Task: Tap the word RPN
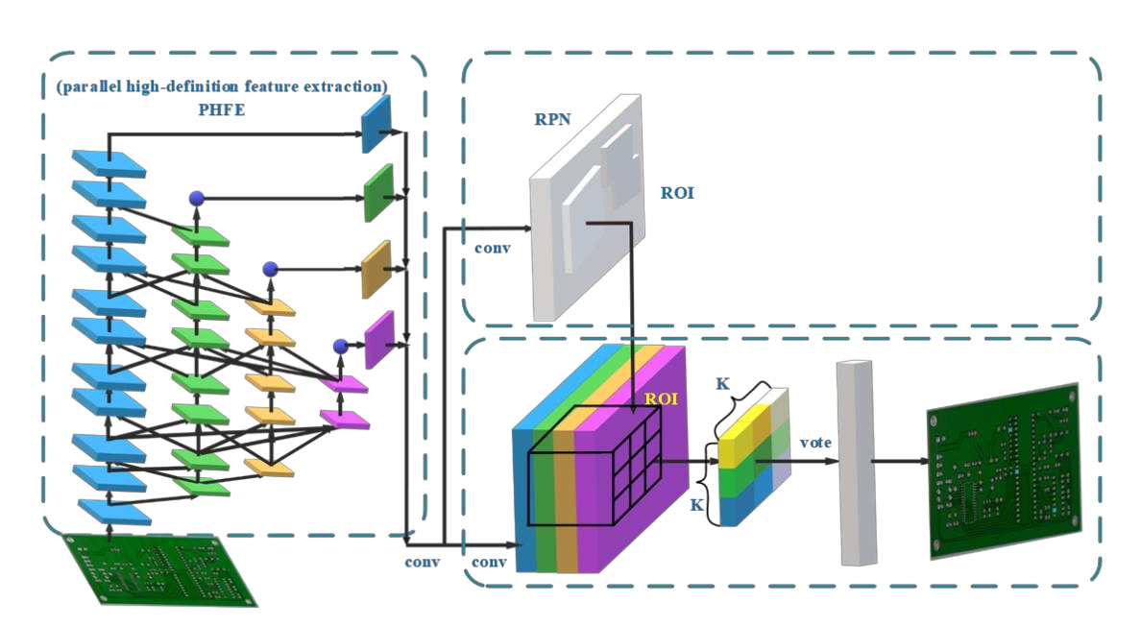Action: pos(553,121)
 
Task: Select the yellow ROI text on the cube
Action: pos(661,399)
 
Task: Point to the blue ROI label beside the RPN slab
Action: pos(677,193)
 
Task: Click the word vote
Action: pos(814,443)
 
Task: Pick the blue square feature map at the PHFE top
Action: pos(377,124)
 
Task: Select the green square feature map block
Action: pos(379,192)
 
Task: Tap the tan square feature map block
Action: pos(379,268)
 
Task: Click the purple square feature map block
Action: pos(379,339)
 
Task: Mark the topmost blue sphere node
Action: pos(197,198)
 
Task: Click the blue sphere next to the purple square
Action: pos(339,346)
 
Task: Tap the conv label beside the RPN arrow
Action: pos(492,248)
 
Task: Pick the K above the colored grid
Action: pos(722,384)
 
